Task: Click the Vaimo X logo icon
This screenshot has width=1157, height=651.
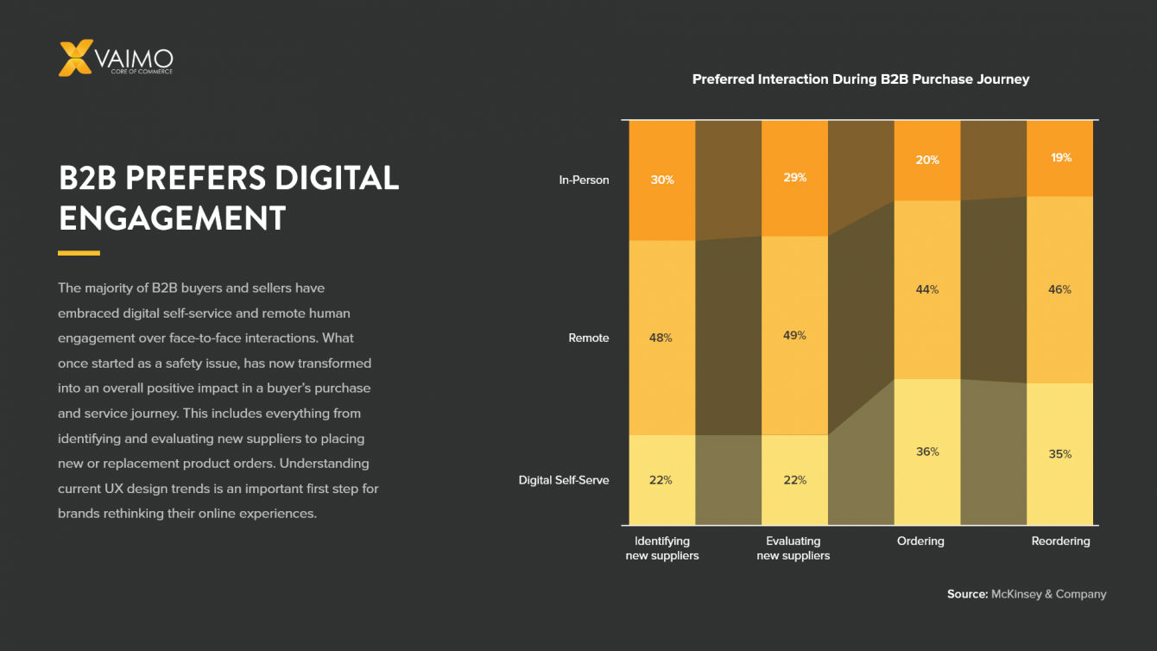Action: click(74, 58)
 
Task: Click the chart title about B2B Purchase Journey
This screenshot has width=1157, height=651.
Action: click(861, 79)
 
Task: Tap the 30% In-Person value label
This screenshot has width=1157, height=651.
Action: click(662, 180)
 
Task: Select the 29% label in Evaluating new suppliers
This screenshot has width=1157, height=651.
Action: click(795, 178)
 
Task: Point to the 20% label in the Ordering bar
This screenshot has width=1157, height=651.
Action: click(928, 161)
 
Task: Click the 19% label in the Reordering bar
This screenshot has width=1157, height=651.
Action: click(1061, 158)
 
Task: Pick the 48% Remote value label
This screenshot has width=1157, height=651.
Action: click(661, 338)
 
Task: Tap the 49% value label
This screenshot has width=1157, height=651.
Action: click(795, 335)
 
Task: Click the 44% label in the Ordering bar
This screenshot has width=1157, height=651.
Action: click(927, 289)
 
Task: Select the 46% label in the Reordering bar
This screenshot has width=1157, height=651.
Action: click(1060, 289)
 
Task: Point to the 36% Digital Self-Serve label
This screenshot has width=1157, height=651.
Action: click(928, 452)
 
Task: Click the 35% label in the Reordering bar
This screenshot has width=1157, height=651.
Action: click(1060, 454)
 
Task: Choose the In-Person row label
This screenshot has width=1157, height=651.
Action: click(584, 180)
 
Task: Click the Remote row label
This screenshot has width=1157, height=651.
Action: click(589, 338)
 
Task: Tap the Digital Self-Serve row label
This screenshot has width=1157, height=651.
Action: click(564, 480)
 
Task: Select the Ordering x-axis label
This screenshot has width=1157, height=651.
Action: click(920, 541)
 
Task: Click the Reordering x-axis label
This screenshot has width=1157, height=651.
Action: click(1060, 541)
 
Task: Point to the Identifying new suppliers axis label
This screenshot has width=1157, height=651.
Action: click(662, 548)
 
